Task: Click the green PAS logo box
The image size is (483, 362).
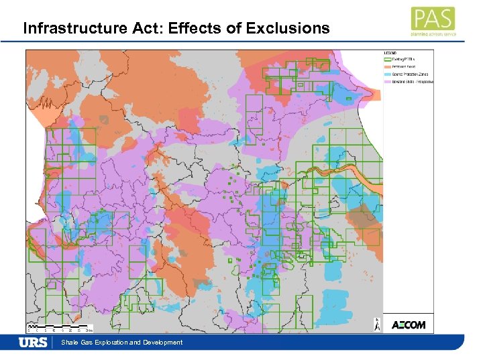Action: click(x=433, y=18)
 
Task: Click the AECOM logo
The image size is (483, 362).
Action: click(x=408, y=325)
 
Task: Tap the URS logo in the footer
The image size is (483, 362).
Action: click(x=33, y=343)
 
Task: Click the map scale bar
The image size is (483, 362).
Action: click(x=60, y=327)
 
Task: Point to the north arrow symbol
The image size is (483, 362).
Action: click(x=377, y=325)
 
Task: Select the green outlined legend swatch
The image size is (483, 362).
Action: click(x=388, y=60)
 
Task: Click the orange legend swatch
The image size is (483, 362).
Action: click(x=388, y=66)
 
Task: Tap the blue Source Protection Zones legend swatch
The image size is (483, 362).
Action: click(x=388, y=74)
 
